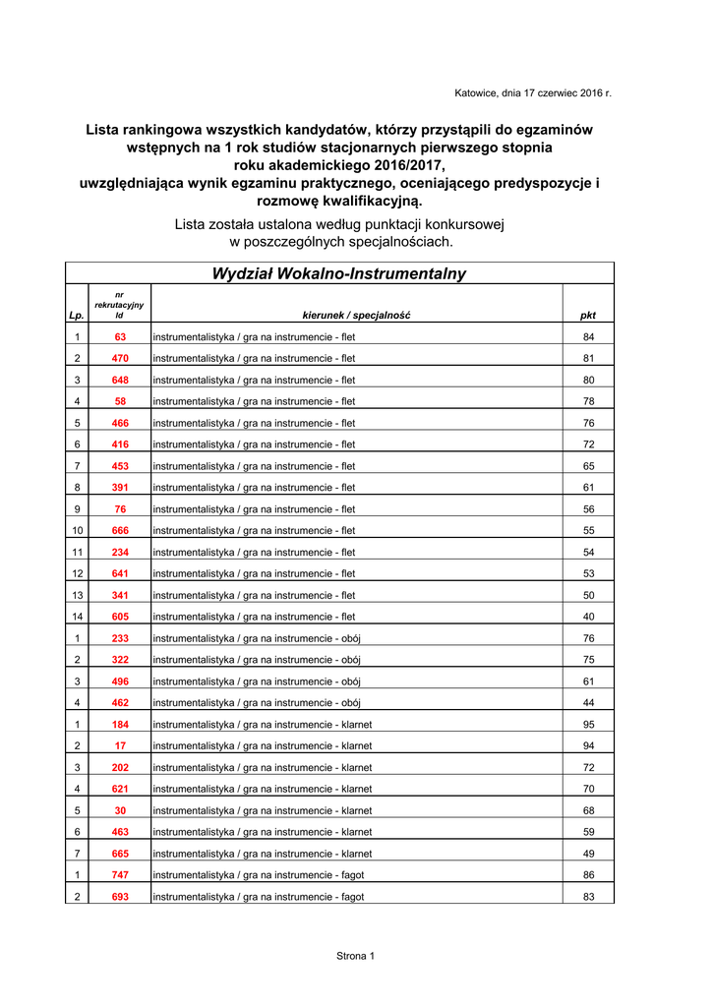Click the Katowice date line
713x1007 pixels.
point(532,93)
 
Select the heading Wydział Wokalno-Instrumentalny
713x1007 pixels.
point(339,274)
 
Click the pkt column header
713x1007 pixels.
point(588,316)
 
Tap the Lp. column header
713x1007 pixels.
point(77,316)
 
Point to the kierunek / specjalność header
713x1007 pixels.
point(356,316)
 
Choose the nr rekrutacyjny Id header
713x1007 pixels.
point(119,305)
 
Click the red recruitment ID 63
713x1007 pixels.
point(120,337)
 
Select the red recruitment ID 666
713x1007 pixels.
point(120,531)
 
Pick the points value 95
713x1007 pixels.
point(588,725)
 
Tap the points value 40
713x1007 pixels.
point(588,617)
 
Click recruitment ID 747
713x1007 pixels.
point(120,875)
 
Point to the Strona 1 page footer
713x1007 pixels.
point(356,956)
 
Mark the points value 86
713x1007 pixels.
point(588,875)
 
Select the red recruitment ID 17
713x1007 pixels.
point(120,746)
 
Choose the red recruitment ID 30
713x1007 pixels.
point(120,811)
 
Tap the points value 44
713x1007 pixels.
point(588,703)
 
